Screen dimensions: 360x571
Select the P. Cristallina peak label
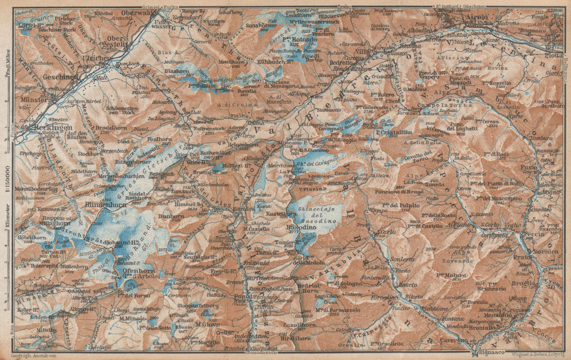(x=394, y=132)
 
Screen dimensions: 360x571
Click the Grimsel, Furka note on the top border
(x=162, y=7)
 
